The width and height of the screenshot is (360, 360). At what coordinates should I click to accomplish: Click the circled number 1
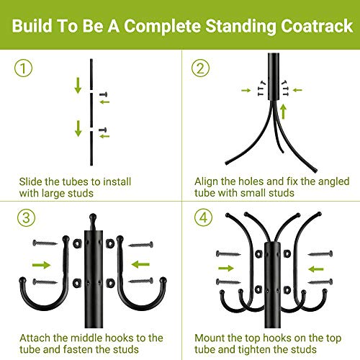coord(24,69)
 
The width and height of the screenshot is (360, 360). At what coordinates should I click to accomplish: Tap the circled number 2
coord(200,69)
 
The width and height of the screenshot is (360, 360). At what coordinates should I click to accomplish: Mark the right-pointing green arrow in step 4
coord(227,269)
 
